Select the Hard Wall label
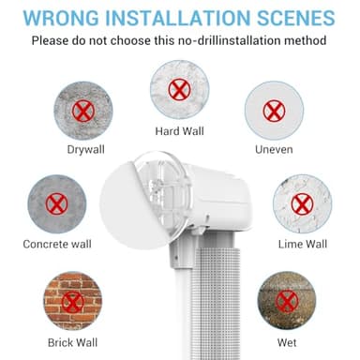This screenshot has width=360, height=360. (181, 129)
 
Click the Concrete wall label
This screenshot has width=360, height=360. (58, 245)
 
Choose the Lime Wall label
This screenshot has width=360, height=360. (303, 244)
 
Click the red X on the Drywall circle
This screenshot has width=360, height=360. (82, 110)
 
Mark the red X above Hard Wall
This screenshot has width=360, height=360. (180, 90)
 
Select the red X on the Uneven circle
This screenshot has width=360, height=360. (274, 110)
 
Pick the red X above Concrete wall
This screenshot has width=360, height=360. (57, 204)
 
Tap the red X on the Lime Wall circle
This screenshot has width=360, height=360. (302, 203)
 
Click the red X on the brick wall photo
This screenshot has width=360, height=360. (72, 300)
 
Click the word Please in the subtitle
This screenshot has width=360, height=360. (52, 40)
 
